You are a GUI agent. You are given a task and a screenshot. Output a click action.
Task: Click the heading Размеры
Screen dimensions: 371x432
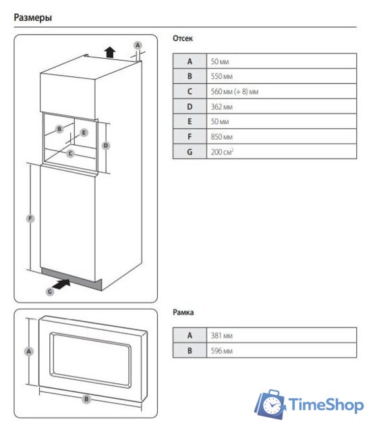[x=33, y=18]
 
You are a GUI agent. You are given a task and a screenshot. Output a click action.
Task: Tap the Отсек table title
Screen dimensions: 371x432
[x=183, y=38]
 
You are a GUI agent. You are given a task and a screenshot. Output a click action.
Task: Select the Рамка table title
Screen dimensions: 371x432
[x=183, y=312]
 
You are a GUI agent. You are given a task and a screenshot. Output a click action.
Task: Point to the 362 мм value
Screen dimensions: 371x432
[x=221, y=107]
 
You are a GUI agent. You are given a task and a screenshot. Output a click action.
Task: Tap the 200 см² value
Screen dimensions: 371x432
[x=222, y=151]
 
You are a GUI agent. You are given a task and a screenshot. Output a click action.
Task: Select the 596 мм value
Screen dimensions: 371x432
[x=221, y=351]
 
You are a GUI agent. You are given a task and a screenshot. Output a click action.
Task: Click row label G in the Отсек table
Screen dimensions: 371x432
[x=190, y=152]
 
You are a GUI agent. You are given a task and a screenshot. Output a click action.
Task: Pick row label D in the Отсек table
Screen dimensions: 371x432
[x=190, y=107]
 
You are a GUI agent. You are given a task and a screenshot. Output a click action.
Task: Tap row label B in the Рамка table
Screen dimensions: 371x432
[x=190, y=351]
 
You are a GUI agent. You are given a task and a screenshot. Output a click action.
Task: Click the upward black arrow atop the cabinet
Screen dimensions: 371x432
[x=110, y=52]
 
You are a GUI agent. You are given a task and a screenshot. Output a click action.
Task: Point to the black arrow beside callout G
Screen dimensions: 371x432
[x=61, y=284]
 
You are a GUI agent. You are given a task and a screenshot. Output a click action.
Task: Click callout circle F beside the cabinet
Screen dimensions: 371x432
[x=30, y=219]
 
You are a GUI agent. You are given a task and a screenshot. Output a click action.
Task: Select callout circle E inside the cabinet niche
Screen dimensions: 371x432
[x=84, y=132]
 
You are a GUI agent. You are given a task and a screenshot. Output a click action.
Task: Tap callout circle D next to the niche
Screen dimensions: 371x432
[x=106, y=146]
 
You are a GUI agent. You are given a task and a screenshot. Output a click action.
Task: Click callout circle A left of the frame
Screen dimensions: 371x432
[x=29, y=352]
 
